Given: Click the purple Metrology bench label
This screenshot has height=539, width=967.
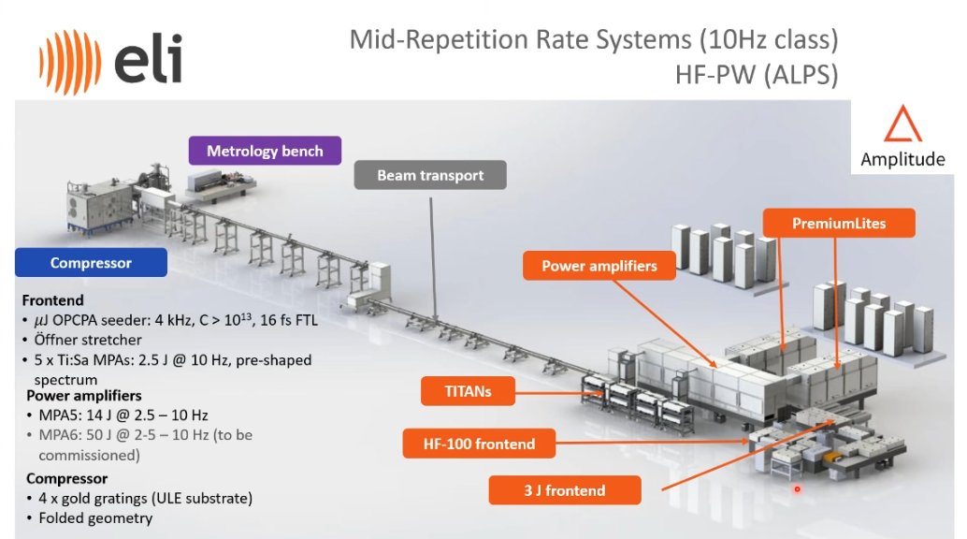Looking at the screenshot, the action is point(265,151).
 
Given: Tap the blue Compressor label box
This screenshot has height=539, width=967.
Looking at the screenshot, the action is point(91,262).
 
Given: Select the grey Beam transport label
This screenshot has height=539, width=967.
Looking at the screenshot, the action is point(430,175).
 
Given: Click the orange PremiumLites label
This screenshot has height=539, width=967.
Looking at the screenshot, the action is point(839,223).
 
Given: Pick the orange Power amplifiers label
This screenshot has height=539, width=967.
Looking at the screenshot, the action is point(599,266).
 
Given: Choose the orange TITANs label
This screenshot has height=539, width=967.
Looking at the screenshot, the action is point(468,391).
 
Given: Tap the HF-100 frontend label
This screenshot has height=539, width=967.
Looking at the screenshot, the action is point(479,444).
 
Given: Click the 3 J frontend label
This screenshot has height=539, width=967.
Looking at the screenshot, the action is point(564,490).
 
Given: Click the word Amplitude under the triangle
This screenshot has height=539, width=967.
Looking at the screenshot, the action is point(902,159).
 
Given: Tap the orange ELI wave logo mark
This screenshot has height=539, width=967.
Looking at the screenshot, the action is point(69,62).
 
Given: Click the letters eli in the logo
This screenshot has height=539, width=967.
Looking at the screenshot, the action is point(148,59).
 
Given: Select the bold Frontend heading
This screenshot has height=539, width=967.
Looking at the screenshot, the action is point(52,300).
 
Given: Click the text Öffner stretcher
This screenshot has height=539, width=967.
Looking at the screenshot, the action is point(88,340).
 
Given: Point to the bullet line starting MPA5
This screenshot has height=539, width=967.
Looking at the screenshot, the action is point(123,415).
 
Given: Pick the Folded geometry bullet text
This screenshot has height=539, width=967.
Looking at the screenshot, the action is point(95,518).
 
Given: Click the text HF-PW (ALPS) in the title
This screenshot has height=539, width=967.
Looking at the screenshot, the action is point(757,75).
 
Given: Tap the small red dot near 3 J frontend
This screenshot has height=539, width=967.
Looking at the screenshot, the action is point(797,489).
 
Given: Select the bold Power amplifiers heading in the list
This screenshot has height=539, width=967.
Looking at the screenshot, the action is point(84,395).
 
